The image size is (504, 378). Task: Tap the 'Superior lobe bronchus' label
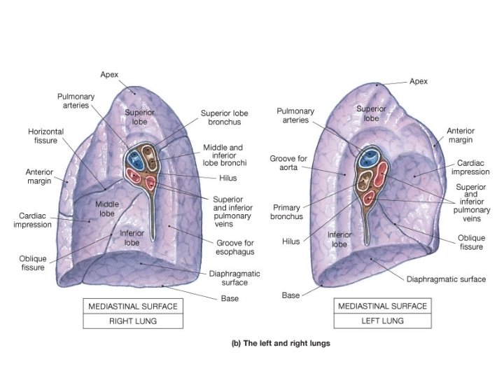coord(220,118)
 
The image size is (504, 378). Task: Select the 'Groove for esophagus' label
coord(230,246)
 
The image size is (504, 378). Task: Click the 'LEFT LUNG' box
coord(384,322)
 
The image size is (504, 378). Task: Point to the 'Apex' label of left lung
coord(418,81)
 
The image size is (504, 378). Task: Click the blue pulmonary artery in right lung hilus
coord(136,159)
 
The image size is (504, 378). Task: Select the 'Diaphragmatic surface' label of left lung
coord(446,279)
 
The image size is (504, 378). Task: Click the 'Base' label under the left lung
coord(290,295)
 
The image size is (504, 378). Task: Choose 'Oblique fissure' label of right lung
coord(32,262)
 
